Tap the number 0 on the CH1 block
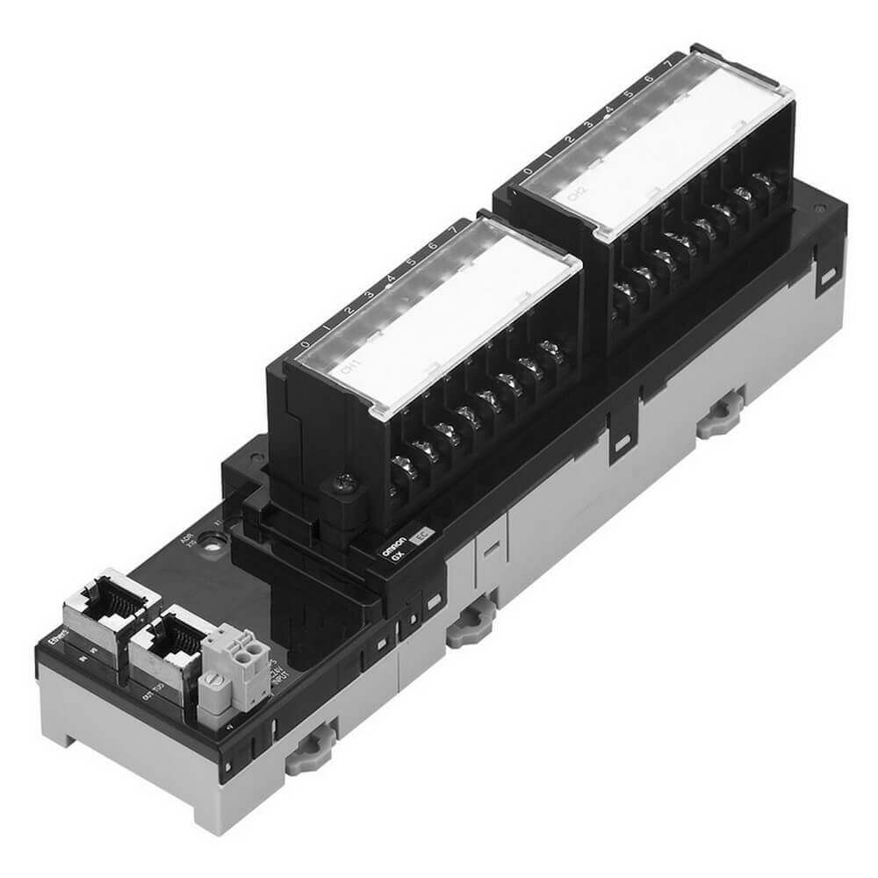click(x=305, y=344)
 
